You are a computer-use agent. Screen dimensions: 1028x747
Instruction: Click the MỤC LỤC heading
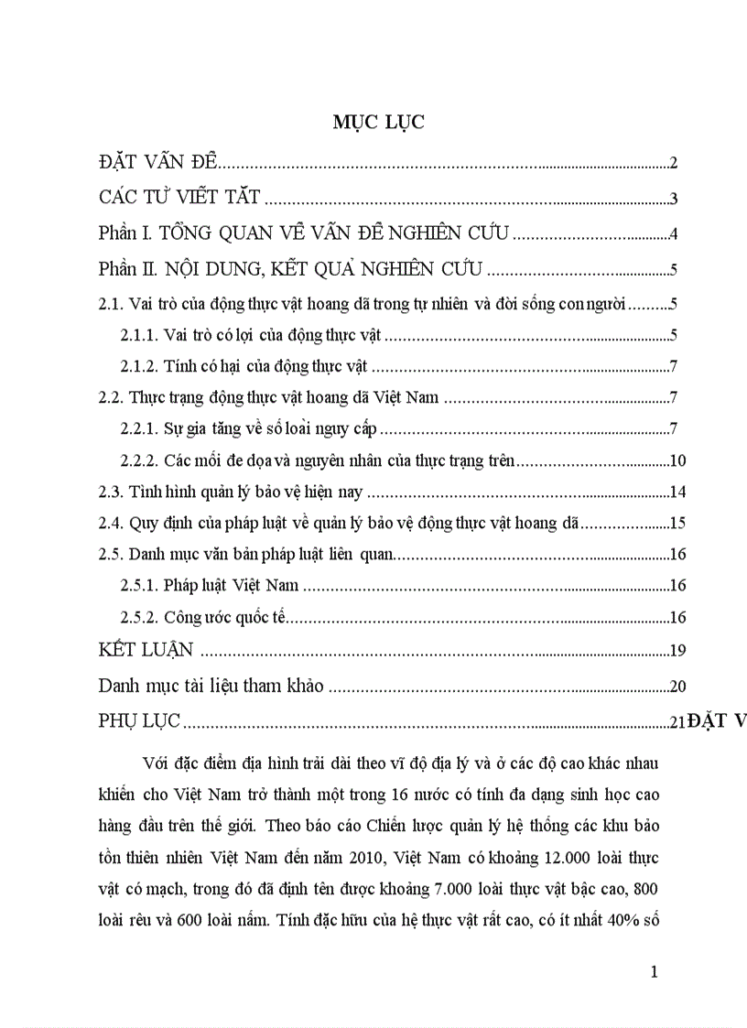click(x=378, y=124)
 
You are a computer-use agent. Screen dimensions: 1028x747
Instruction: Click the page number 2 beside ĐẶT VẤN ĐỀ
click(x=673, y=164)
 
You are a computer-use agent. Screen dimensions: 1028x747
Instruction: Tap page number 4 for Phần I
click(x=673, y=234)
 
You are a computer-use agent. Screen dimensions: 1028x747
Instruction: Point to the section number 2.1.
click(x=111, y=304)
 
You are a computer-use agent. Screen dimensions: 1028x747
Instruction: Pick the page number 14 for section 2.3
click(x=678, y=492)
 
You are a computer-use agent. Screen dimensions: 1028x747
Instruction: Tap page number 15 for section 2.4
click(x=678, y=524)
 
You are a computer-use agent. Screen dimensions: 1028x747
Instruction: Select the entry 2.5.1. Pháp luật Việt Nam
click(x=211, y=585)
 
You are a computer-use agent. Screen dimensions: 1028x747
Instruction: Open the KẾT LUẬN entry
click(x=146, y=650)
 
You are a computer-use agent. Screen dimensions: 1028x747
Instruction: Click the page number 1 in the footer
click(x=654, y=971)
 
